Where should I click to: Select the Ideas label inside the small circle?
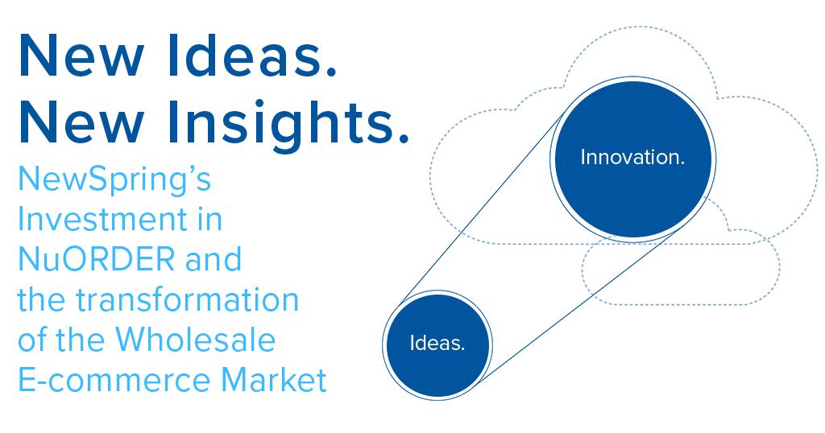pyautogui.click(x=437, y=344)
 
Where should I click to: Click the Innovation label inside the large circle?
pyautogui.click(x=632, y=158)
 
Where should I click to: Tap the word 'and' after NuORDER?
pyautogui.click(x=214, y=259)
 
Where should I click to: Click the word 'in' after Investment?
pyautogui.click(x=208, y=219)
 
